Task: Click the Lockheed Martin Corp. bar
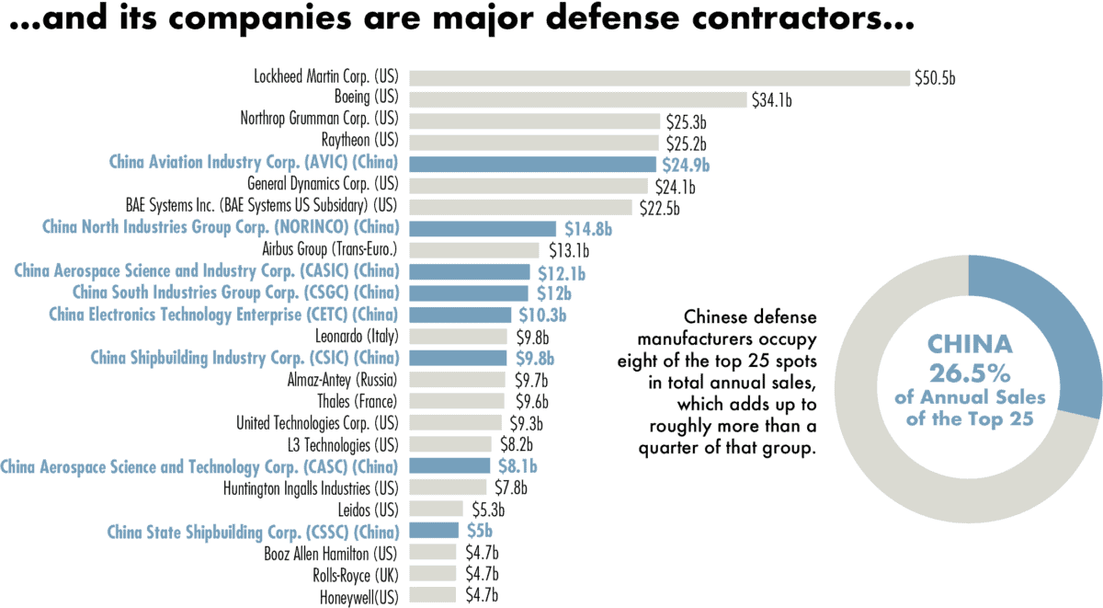pos(658,78)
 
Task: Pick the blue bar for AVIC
pos(533,164)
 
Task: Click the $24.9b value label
pos(686,166)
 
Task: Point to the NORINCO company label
pos(221,227)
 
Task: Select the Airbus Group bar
pos(473,249)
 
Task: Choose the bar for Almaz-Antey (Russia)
pos(457,379)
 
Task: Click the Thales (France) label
pos(357,401)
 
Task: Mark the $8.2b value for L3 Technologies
pos(514,444)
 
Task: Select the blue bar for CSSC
pos(433,530)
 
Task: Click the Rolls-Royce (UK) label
pos(354,574)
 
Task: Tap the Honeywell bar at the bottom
pos(432,595)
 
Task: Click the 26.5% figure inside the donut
pos(970,373)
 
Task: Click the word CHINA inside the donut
pos(970,345)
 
